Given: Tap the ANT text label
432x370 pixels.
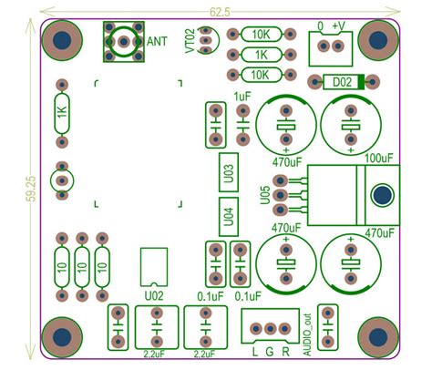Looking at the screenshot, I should tap(157, 41).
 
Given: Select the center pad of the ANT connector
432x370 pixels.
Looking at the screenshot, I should tap(123, 41).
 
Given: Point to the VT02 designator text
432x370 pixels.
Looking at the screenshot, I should tap(190, 42).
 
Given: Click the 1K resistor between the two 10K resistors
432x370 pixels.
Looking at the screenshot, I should tap(261, 54).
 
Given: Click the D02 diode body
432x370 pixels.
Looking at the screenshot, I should tap(342, 82).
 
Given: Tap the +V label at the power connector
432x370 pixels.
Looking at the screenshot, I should tap(338, 25).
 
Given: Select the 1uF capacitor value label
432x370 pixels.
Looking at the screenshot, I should tap(242, 96).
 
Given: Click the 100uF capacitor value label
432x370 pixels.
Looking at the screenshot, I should tap(378, 159).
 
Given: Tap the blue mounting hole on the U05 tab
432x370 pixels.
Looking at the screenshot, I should tap(381, 193).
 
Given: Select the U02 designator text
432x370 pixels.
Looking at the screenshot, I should tap(154, 296).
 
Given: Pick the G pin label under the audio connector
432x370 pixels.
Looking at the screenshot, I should tap(271, 352).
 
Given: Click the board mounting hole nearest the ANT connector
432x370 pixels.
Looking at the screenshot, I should tap(63, 41).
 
